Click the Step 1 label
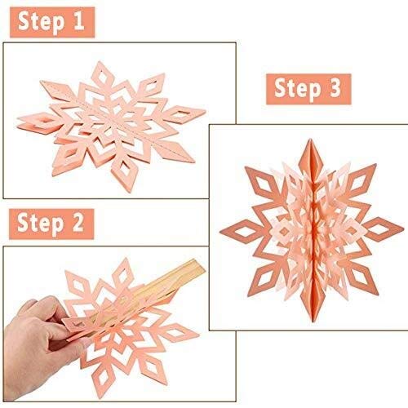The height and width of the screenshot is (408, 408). [52, 22]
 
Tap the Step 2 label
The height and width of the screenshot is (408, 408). [51, 224]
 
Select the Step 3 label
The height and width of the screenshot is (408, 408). [308, 89]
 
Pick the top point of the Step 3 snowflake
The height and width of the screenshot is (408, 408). [310, 139]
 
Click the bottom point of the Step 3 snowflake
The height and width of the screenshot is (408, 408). [313, 321]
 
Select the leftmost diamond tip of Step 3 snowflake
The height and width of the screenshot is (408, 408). [220, 232]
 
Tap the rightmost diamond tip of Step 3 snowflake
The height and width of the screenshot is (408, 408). [404, 227]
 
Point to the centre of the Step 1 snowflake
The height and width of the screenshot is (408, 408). [114, 124]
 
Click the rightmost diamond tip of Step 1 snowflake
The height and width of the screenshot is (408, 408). [206, 110]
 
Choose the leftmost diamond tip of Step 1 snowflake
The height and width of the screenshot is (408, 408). [17, 120]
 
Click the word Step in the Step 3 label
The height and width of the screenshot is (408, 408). [298, 89]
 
